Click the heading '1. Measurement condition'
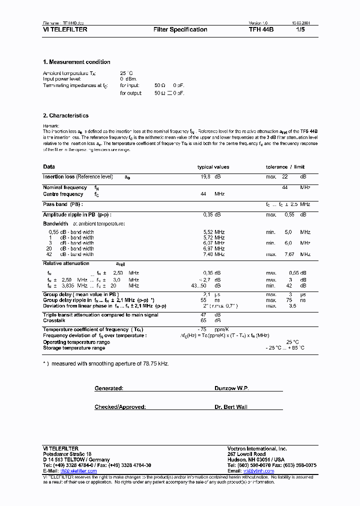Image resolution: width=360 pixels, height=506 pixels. point(76,62)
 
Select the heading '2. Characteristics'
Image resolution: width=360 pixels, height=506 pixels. point(65,115)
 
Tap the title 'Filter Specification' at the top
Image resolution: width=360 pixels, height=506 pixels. point(180,29)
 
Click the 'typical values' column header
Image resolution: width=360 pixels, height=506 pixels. point(213,167)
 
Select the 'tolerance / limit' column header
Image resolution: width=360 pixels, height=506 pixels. point(285,167)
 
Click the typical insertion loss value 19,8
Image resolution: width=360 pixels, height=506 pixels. point(205,177)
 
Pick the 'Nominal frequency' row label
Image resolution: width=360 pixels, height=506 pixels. point(65,187)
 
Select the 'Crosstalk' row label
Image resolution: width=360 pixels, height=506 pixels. point(54,320)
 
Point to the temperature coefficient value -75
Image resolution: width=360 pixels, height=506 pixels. point(202,329)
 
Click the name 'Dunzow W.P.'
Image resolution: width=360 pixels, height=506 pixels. point(231,388)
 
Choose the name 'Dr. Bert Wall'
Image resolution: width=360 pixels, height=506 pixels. point(231,407)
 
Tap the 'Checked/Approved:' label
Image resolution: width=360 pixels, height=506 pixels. point(120,407)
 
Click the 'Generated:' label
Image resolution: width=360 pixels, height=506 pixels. point(109,388)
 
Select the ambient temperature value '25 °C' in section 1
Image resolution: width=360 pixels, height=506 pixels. point(126,73)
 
